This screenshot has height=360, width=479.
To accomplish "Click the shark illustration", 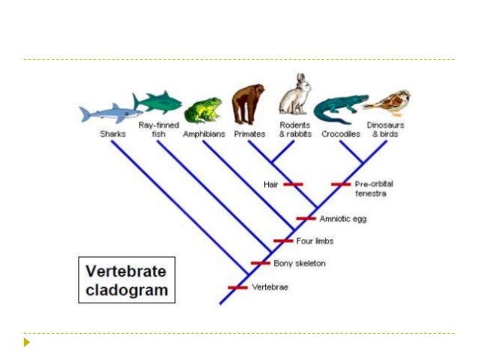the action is pos(109,113).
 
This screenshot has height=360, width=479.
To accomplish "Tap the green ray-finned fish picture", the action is pos(157,101).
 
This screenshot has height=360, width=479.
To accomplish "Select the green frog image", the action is pos(203,110).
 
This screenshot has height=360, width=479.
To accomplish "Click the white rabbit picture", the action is pos(294,95).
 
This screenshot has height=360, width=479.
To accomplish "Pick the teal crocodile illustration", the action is pos(340,110).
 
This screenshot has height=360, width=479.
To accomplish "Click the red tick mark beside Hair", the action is pos(293,184).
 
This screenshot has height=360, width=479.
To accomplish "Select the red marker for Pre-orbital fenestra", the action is pos(341,184).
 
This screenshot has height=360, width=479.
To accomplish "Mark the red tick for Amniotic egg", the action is pos(306,219).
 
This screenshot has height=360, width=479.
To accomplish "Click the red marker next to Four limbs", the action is pos(283,241).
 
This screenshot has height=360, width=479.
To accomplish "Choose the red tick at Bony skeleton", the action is pos(261,263).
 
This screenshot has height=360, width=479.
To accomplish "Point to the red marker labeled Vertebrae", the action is pos(237,287).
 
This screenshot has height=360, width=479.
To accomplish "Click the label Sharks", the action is pos(113,134).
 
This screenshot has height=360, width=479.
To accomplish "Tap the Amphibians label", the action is pos(204,134).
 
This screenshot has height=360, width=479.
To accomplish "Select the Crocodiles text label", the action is pos(341,134).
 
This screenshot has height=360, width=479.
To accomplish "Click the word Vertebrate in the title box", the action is pos(126,271).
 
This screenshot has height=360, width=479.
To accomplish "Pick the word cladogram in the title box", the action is pos(126,289).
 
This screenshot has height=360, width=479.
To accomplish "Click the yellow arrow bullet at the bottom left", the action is pos(27,343).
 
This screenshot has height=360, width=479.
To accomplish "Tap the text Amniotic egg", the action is pos(343,219).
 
